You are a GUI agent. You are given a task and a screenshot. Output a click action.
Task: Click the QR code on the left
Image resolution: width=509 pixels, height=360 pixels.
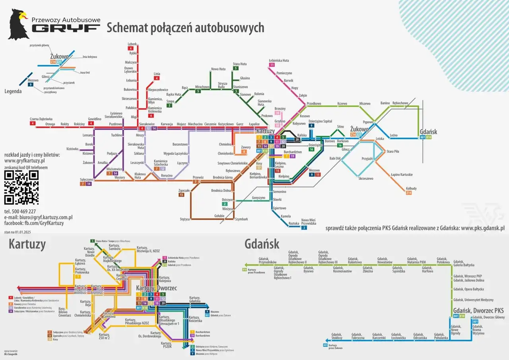click(21, 187)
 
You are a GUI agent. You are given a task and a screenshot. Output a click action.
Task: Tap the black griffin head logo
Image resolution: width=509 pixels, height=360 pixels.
click(18, 24)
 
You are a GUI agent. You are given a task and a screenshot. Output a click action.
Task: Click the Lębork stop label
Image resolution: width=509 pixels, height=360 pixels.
click(132, 44)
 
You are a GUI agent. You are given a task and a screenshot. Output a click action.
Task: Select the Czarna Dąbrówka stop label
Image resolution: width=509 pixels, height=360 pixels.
click(41, 119)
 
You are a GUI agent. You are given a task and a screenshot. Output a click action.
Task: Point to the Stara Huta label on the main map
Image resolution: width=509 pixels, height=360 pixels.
click(239, 64)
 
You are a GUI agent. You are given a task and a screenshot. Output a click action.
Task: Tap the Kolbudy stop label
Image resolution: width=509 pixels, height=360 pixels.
click(411, 188)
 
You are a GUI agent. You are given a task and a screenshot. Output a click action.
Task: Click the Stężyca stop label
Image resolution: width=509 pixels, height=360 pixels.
click(185, 219)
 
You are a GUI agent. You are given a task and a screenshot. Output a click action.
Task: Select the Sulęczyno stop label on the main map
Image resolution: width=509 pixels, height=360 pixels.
click(86, 179)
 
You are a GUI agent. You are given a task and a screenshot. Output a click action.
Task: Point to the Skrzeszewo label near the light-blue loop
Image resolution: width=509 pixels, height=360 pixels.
click(365, 179)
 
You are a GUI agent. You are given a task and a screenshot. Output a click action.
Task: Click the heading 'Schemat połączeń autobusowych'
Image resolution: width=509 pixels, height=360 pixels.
click(185, 27)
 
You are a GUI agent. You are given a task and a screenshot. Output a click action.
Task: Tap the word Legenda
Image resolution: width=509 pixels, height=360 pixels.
click(14, 91)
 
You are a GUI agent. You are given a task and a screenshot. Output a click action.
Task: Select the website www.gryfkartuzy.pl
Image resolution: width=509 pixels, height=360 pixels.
click(24, 161)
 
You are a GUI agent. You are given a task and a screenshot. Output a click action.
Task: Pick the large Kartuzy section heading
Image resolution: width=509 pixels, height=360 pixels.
click(27, 244)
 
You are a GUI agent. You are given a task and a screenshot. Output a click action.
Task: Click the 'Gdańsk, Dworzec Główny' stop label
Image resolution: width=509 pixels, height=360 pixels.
click(489, 317)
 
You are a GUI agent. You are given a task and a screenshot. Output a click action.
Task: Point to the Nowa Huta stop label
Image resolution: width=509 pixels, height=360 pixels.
click(218, 69)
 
